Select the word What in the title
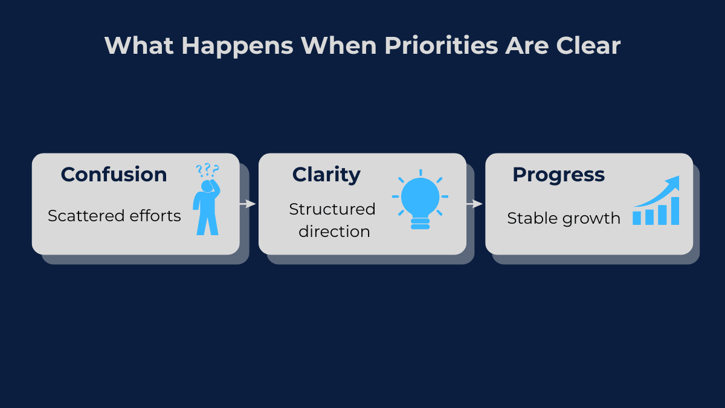[139, 46]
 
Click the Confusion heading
[114, 175]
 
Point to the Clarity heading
[326, 175]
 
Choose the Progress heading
[558, 175]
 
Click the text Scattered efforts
[114, 216]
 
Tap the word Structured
[332, 209]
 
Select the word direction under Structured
[334, 232]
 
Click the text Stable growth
[564, 218]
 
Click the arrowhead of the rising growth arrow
[674, 182]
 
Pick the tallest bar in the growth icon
[674, 211]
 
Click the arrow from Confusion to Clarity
[248, 204]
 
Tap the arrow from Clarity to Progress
[475, 204]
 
